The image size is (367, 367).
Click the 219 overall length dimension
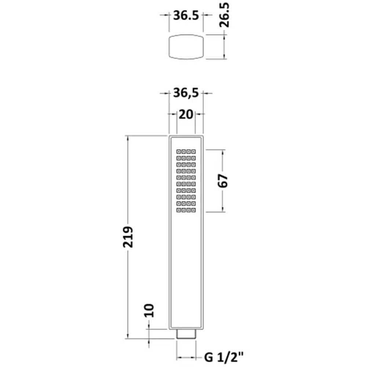[128, 237]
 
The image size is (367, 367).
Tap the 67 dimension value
[223, 181]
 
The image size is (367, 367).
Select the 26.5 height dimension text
[224, 15]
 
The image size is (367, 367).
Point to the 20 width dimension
[186, 115]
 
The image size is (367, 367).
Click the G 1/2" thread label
[224, 357]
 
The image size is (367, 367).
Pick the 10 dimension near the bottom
[149, 310]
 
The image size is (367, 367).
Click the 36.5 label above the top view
[186, 15]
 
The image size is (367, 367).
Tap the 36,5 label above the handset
[186, 93]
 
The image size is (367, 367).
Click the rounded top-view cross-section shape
[186, 47]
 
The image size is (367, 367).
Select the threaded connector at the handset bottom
[186, 334]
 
